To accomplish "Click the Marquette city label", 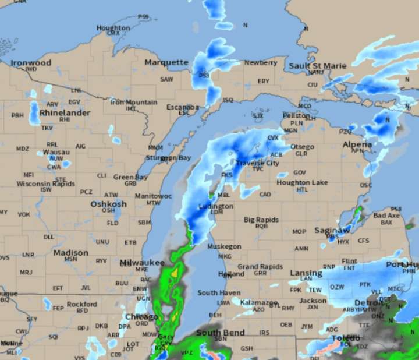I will click(166, 62).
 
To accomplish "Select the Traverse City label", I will click(257, 163).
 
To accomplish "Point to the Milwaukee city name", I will click(142, 263).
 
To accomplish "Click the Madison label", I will click(71, 253).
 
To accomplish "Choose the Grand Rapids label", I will click(255, 267).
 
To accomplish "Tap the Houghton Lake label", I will click(301, 182).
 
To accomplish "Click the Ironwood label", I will click(31, 62).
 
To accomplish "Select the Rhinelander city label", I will click(65, 112).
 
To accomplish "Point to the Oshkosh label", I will click(108, 204).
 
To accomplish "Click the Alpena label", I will click(357, 144).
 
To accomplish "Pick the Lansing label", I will click(306, 273).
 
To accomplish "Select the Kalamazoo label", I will click(260, 303).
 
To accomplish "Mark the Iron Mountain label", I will click(134, 102).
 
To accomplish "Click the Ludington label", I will click(216, 206).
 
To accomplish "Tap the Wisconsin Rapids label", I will click(46, 183).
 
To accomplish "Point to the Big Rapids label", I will click(261, 220).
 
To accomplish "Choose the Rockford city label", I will click(82, 304).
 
